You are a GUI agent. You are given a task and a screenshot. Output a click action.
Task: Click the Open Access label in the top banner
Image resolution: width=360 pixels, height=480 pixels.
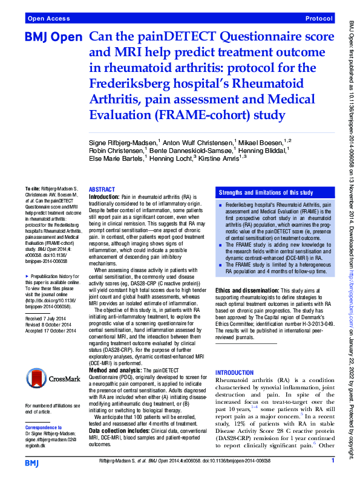(47, 19)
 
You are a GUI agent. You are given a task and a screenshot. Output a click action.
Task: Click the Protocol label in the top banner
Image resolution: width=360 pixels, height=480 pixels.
(319, 19)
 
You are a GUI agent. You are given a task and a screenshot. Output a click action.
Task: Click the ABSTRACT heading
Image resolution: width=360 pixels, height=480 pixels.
(102, 189)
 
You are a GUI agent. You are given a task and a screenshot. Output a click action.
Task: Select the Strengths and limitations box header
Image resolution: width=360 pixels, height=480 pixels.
(266, 192)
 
